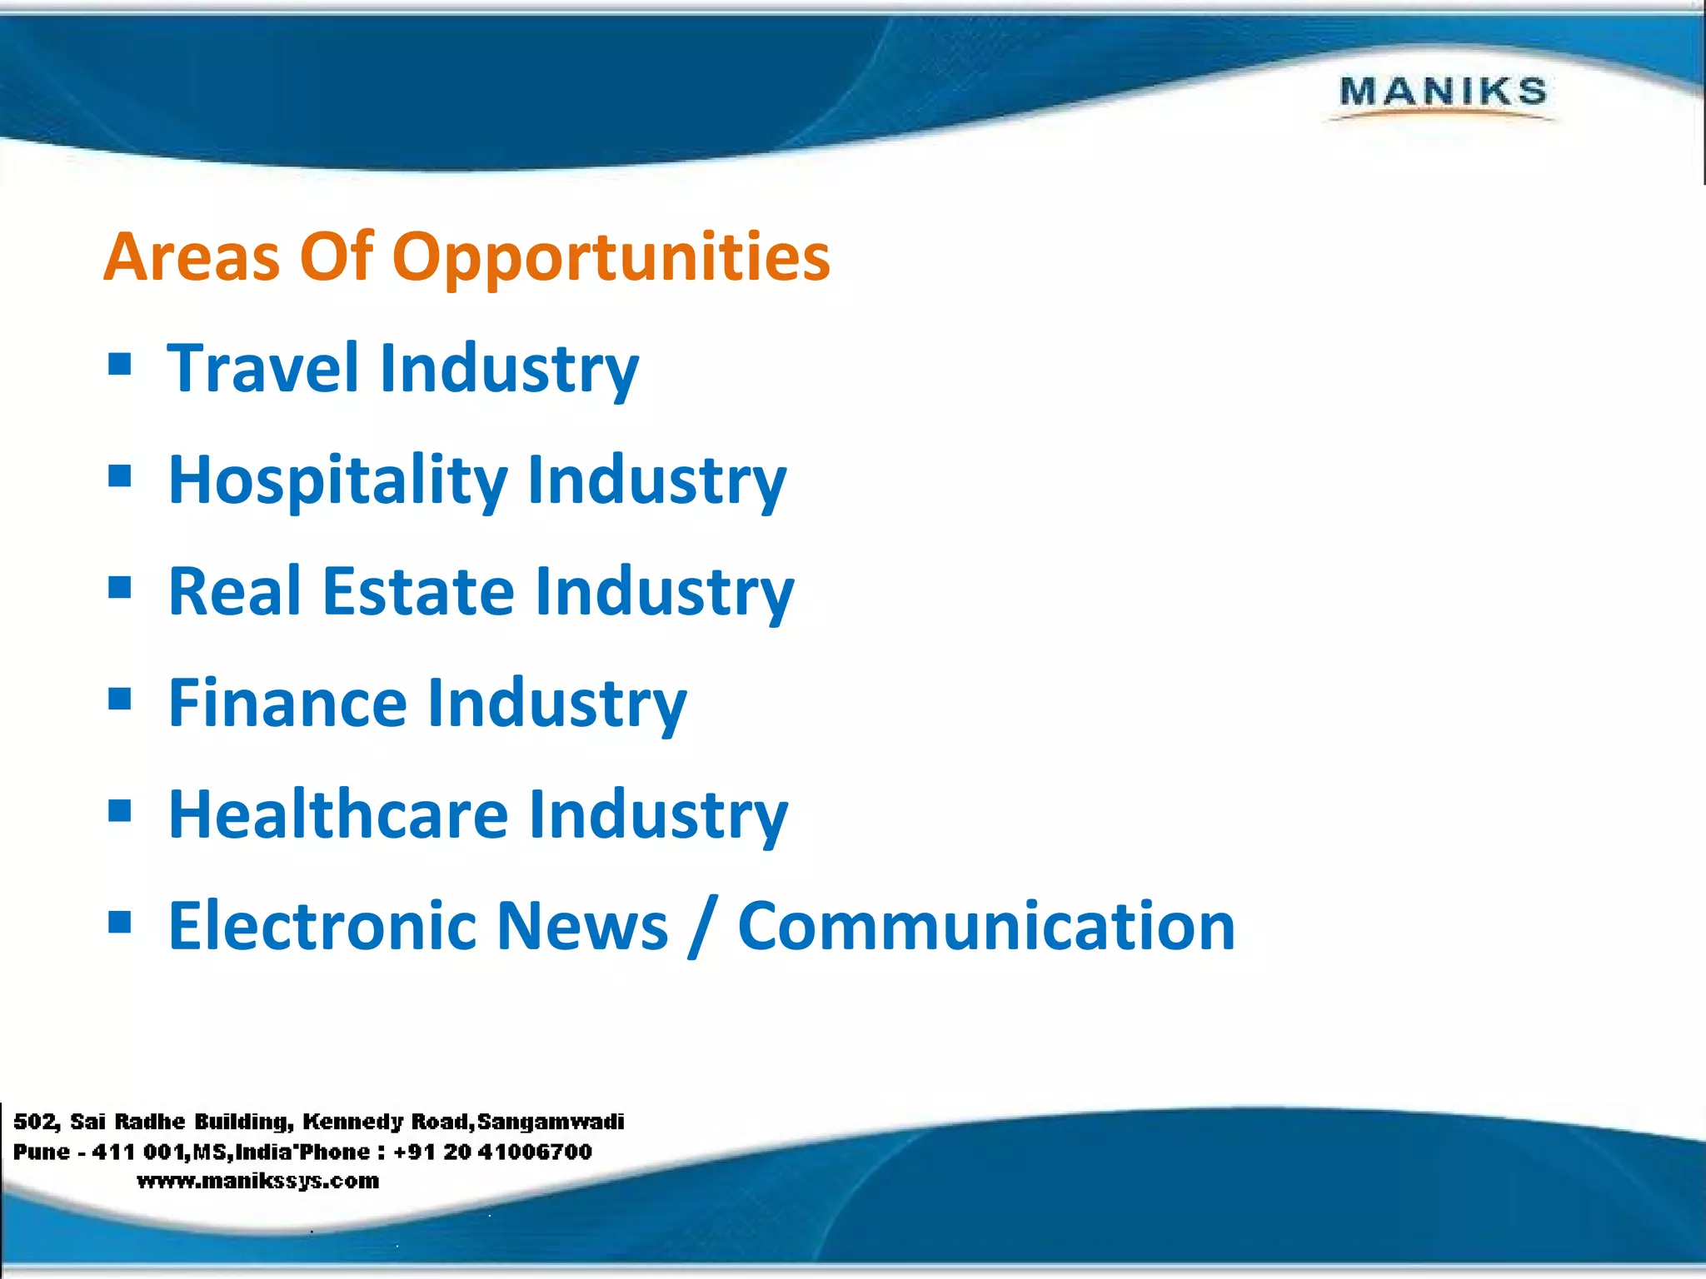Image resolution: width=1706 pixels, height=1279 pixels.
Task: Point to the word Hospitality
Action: (337, 480)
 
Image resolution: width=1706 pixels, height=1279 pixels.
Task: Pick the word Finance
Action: (287, 703)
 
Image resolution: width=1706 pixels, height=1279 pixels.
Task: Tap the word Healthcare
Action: (338, 814)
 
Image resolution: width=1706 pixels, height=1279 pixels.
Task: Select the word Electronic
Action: (322, 925)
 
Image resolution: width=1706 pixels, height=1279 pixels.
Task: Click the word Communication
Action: (986, 925)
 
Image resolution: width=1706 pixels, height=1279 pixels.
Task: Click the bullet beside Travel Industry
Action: (120, 364)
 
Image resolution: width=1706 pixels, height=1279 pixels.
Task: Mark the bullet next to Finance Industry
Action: (120, 699)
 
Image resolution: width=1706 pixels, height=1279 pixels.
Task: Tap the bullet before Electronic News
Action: (120, 922)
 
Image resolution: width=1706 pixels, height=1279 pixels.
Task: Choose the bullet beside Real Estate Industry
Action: (120, 587)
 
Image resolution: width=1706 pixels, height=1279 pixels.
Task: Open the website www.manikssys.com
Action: (258, 1181)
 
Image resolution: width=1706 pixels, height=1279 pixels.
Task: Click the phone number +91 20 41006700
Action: (492, 1152)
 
